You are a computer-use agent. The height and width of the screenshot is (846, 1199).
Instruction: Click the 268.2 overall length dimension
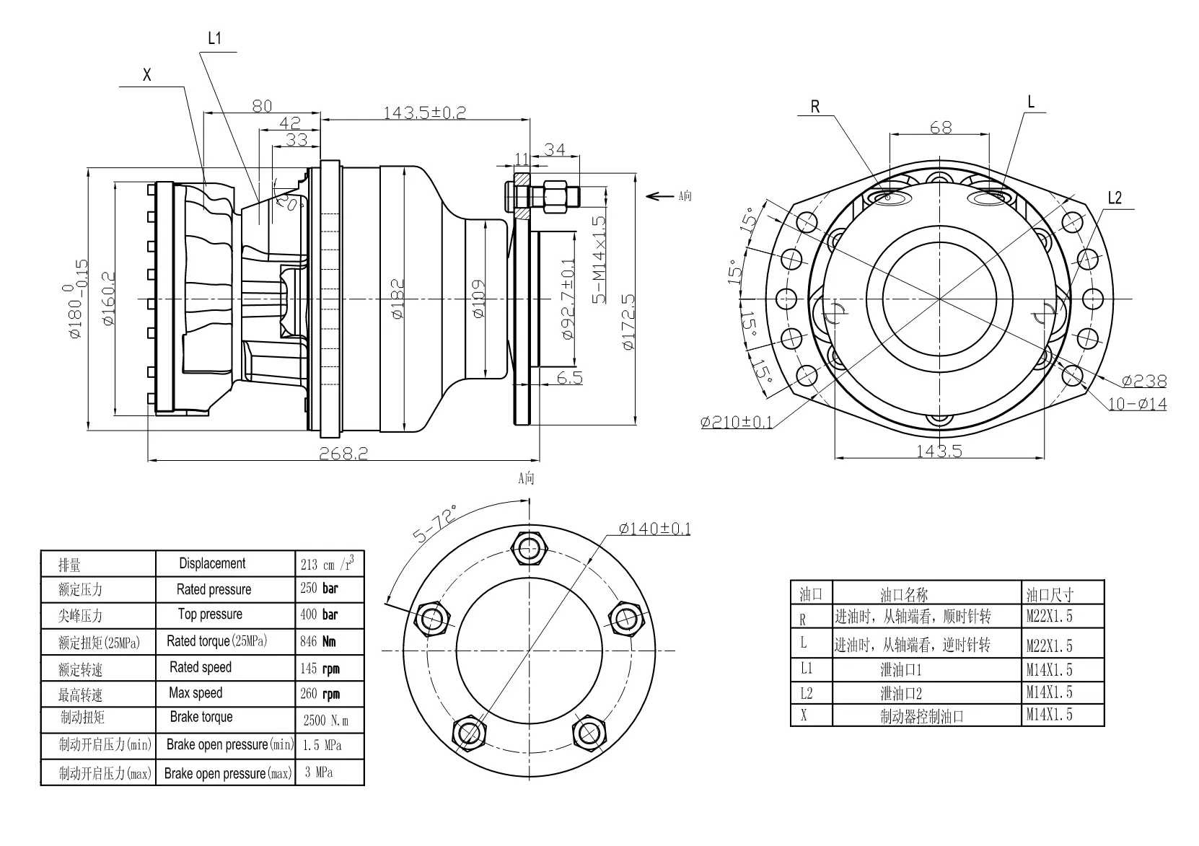tap(343, 453)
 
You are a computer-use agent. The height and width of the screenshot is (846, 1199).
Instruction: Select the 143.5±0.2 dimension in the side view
tap(424, 113)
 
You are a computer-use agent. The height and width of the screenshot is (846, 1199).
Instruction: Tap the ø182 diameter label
tap(398, 299)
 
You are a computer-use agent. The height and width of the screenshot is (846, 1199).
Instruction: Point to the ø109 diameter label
tap(478, 299)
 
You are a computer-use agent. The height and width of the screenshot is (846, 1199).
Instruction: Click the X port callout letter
tap(147, 75)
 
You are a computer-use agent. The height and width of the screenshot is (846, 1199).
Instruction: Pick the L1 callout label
tap(214, 38)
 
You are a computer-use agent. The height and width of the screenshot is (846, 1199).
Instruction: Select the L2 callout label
tap(1115, 198)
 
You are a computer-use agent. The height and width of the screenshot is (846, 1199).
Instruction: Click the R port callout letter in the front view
tap(815, 107)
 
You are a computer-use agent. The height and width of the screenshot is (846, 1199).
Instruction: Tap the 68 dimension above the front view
tap(941, 128)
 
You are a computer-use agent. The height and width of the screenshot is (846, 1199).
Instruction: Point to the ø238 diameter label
tap(1144, 381)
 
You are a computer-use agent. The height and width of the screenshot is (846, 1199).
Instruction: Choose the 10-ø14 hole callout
tap(1137, 404)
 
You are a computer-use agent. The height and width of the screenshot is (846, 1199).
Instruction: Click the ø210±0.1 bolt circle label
tap(736, 422)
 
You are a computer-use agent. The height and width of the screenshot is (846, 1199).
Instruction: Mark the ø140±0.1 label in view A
tap(654, 529)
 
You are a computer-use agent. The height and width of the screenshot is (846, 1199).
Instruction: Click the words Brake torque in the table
tap(201, 717)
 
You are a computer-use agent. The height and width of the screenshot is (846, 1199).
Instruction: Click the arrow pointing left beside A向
tap(659, 195)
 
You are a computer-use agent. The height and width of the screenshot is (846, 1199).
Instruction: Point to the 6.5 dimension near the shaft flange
tap(570, 377)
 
